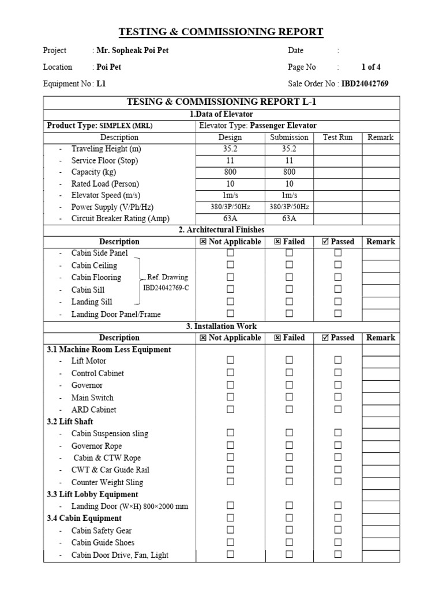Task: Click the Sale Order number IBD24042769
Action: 365,84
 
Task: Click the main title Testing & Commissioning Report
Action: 221,32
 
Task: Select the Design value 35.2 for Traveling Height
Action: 230,149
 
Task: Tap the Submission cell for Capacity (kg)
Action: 290,172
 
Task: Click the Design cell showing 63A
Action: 230,219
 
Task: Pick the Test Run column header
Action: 337,137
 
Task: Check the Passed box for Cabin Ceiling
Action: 338,265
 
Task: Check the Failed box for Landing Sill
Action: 290,301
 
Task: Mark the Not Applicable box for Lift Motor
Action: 230,360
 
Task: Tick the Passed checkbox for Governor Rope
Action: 338,445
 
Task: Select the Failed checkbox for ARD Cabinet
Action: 290,409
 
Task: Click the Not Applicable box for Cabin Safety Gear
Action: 230,530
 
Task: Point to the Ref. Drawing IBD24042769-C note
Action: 166,283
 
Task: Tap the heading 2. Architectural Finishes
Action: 221,230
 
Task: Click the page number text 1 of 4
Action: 371,67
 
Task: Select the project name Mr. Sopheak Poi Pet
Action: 133,50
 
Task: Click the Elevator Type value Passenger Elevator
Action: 283,126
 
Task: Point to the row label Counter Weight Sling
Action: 107,482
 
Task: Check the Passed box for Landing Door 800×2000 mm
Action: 338,505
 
